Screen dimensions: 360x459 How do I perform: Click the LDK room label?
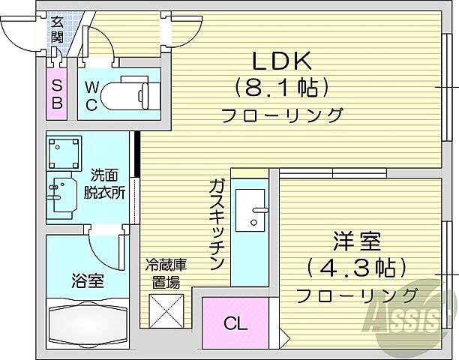click(x=283, y=62)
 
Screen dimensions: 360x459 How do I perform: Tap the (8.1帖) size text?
click(x=283, y=88)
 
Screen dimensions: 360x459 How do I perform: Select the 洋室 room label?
click(x=356, y=241)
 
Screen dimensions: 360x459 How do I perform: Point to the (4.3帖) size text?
click(x=356, y=267)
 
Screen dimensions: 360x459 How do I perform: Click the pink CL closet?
click(x=235, y=323)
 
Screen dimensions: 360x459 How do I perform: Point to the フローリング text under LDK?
click(x=283, y=115)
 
